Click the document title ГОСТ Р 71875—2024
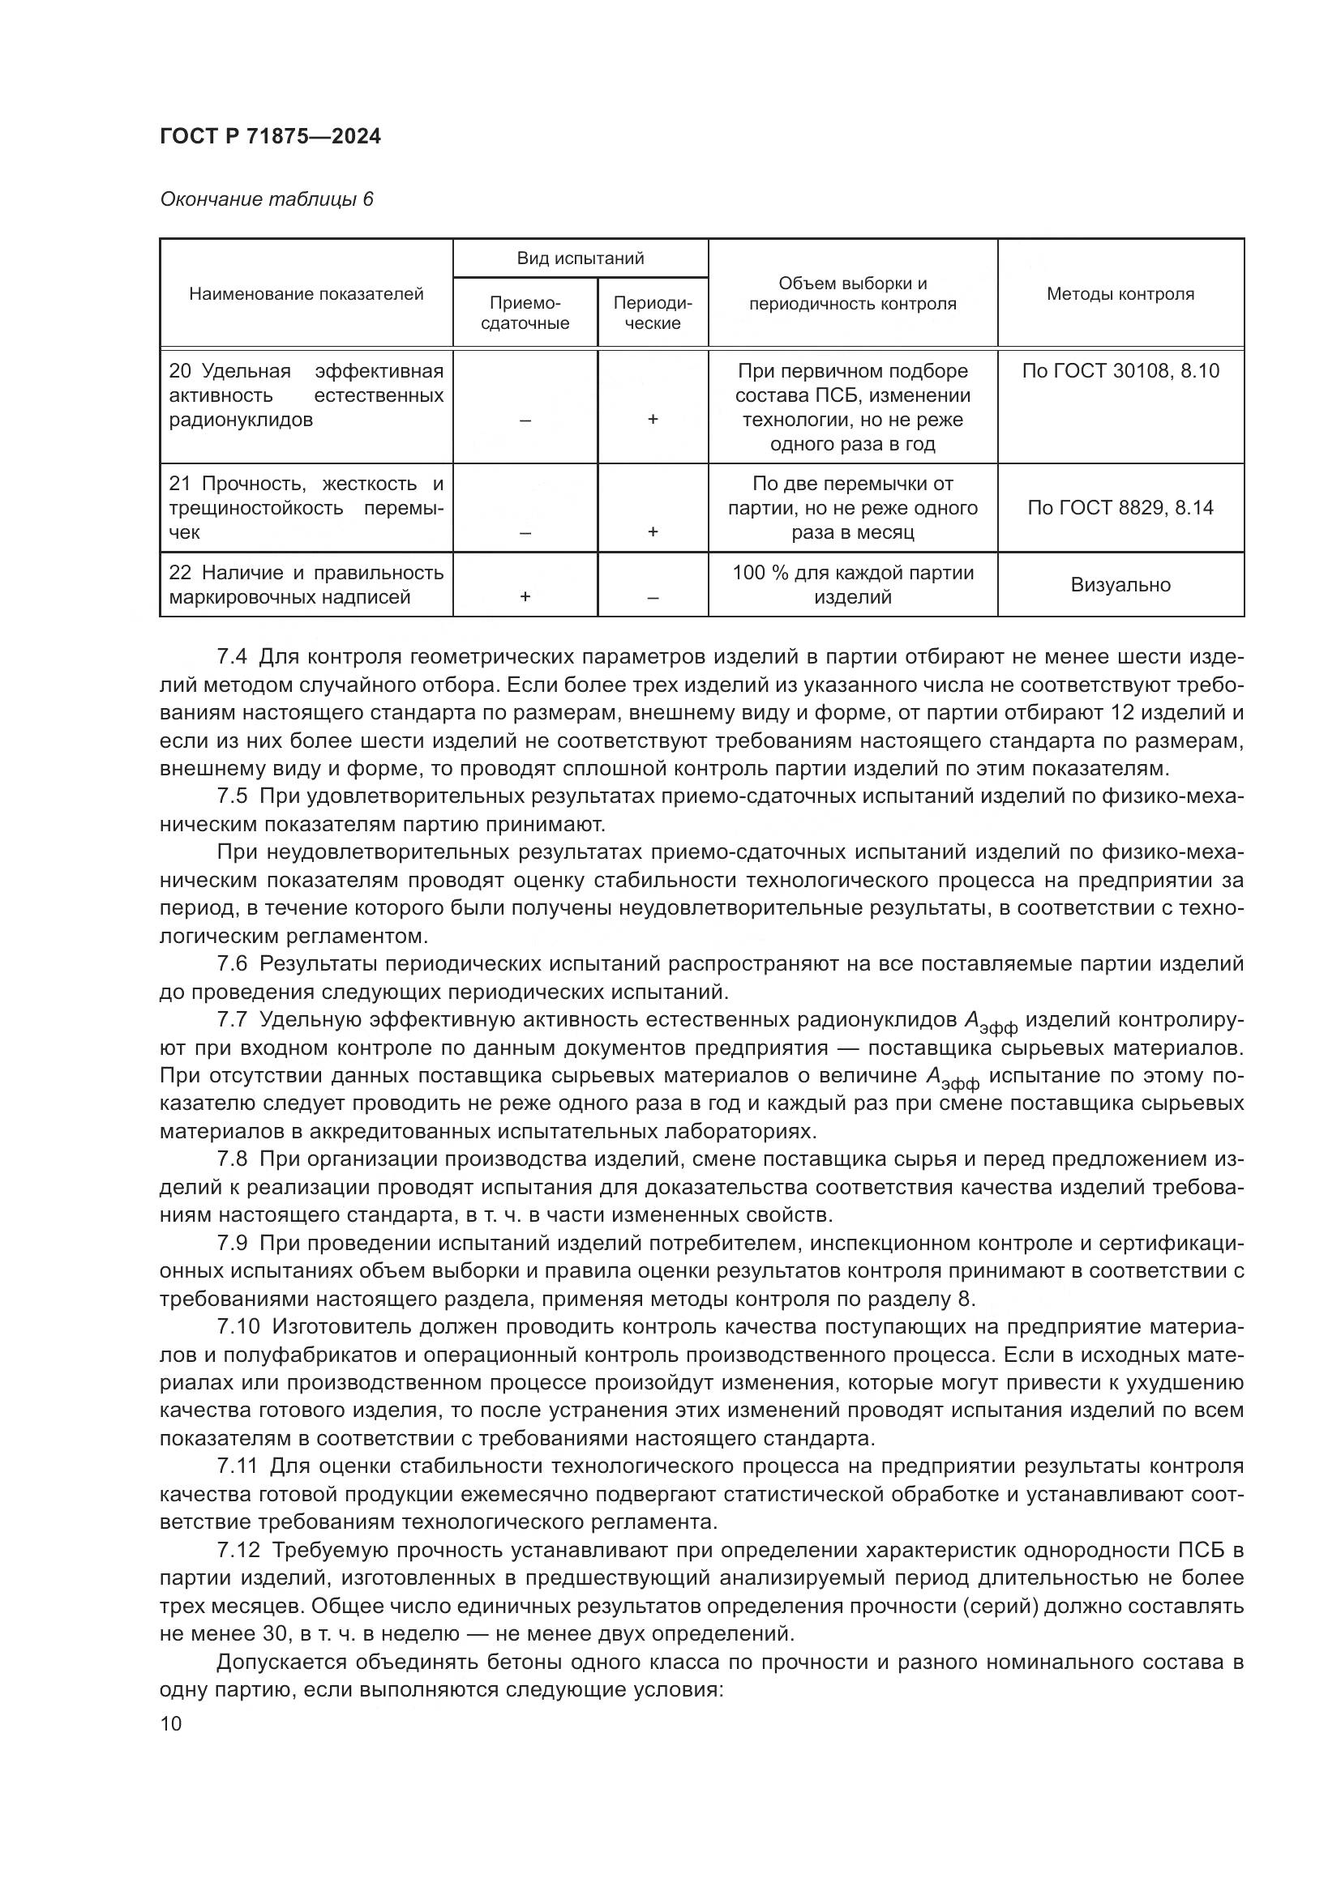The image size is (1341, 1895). [x=270, y=137]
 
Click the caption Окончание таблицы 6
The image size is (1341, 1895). [x=266, y=200]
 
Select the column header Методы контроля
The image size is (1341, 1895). [x=1120, y=294]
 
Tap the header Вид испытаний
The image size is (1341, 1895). [x=580, y=258]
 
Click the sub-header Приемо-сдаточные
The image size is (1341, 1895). [x=525, y=313]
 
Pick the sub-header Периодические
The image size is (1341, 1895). [x=653, y=313]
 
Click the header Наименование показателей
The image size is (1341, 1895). [x=306, y=294]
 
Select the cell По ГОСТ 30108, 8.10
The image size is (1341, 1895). [x=1120, y=370]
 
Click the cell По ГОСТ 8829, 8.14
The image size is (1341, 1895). [x=1120, y=508]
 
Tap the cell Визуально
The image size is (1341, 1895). [x=1120, y=585]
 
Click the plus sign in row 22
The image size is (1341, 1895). [x=525, y=597]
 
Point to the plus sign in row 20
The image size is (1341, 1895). [x=653, y=420]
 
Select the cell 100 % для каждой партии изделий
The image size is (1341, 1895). [x=852, y=584]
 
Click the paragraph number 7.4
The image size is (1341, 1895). [x=232, y=657]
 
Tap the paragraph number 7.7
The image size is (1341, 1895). [x=232, y=1020]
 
